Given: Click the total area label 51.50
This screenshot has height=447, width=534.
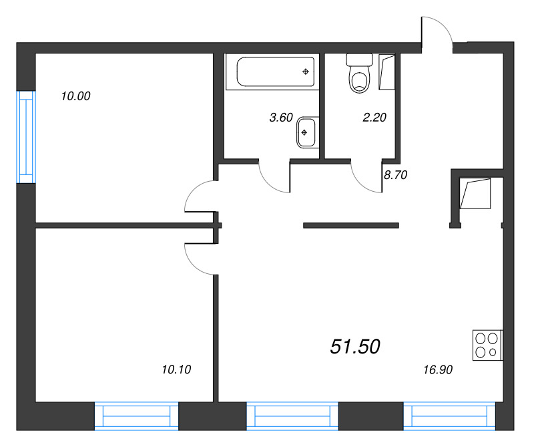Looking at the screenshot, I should (x=355, y=346).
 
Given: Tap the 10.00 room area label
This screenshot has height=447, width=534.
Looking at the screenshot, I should (x=75, y=96).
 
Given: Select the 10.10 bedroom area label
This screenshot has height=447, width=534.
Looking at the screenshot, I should (x=176, y=368).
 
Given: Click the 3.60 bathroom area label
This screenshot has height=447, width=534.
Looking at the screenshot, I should (x=280, y=118).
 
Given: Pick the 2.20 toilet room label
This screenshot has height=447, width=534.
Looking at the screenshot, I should (x=374, y=118).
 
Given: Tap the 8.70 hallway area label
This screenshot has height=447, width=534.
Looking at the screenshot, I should (x=394, y=176).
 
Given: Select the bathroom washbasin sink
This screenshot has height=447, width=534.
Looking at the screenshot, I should (x=305, y=132).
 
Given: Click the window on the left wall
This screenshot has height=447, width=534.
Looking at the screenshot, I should (x=25, y=136).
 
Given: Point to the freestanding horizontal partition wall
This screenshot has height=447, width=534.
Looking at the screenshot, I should (x=351, y=225).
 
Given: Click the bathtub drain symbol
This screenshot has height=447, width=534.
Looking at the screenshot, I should (x=306, y=71).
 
